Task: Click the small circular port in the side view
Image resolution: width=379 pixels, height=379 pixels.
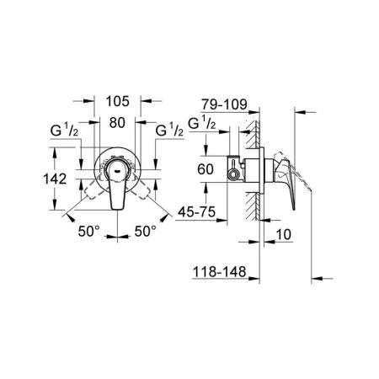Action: (x=233, y=174)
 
